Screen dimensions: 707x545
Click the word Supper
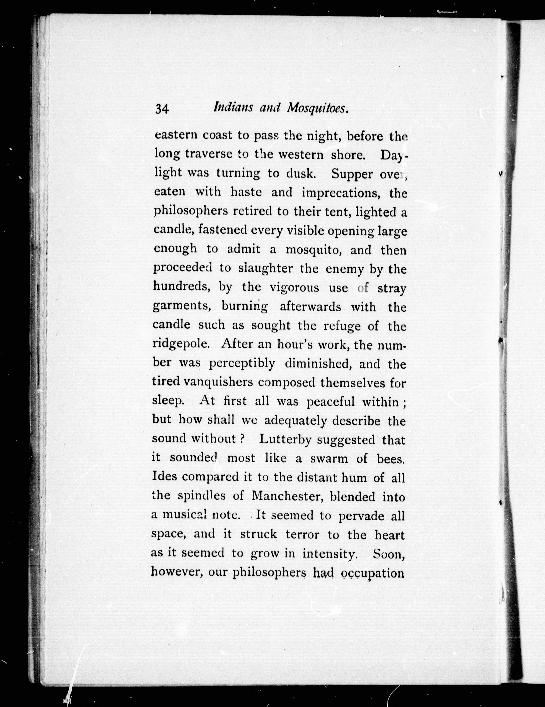coord(352,174)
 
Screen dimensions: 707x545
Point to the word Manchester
coord(286,496)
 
